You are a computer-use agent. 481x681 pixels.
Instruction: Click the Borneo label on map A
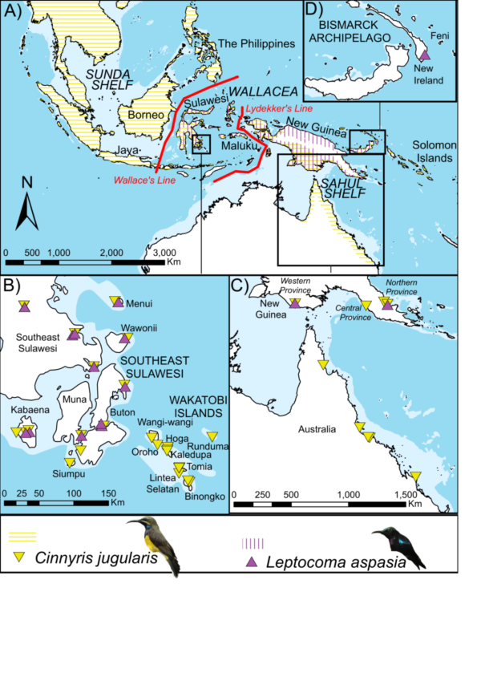coord(144,115)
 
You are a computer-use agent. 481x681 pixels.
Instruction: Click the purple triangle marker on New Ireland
coord(425,55)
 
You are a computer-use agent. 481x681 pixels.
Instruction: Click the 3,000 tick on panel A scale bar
coord(164,253)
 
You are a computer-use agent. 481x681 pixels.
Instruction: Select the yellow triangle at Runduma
coord(212,437)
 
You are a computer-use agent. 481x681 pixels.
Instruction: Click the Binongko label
coord(209,497)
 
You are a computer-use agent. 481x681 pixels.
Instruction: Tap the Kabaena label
coord(26,410)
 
